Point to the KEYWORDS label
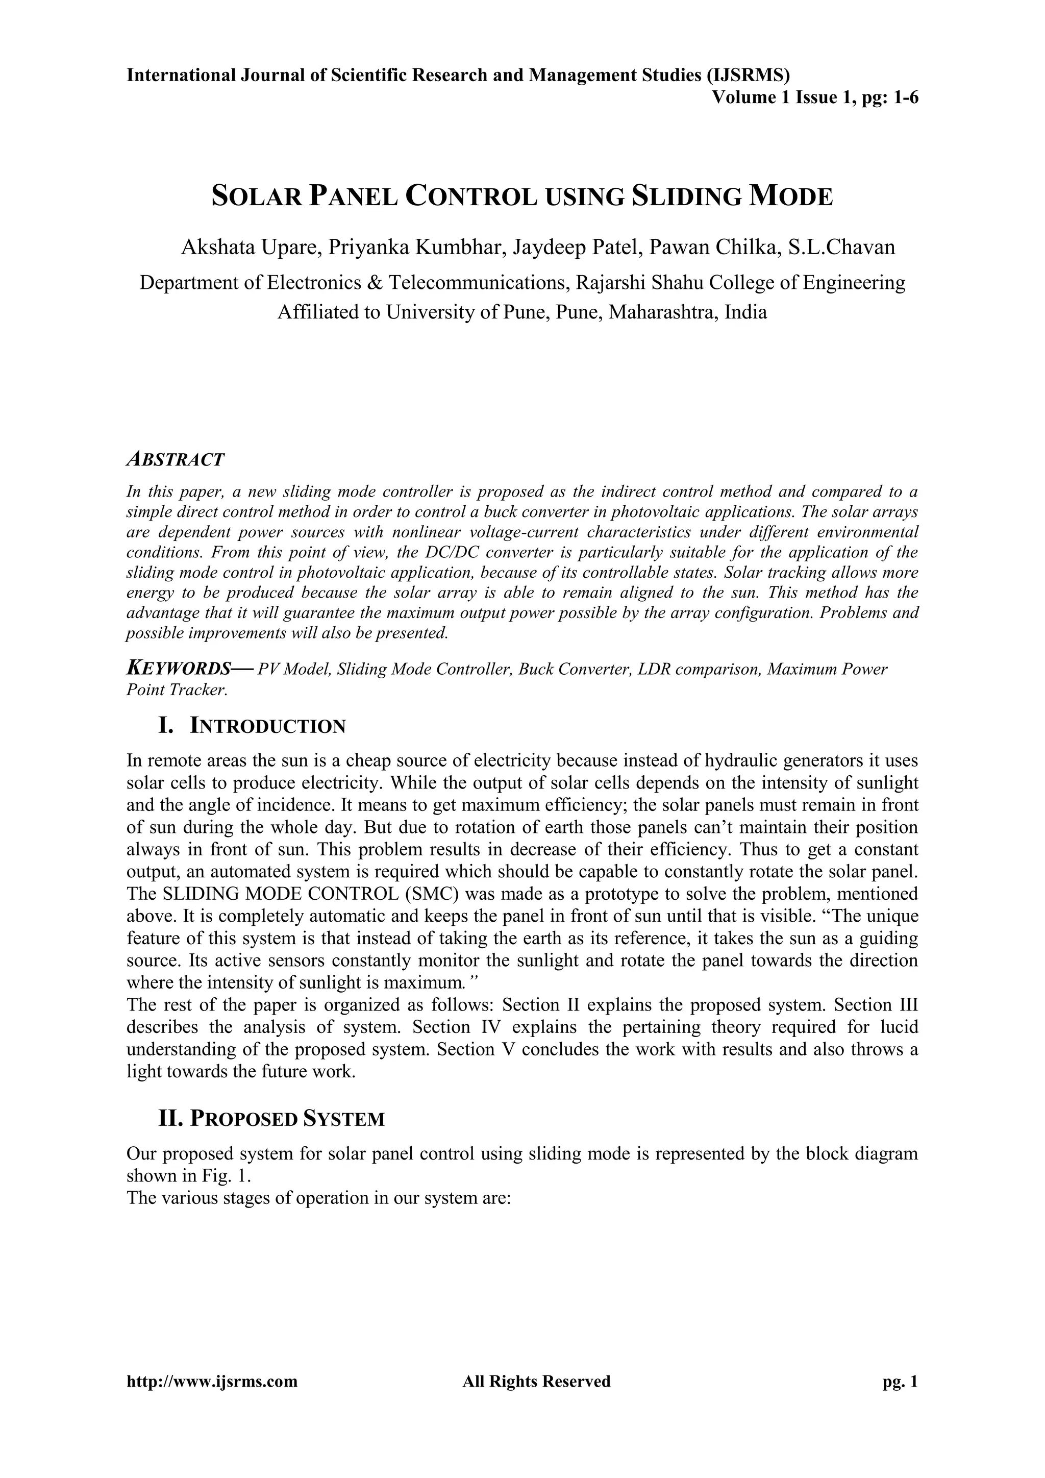coord(178,669)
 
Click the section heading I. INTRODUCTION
coord(252,726)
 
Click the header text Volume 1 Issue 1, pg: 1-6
coord(815,98)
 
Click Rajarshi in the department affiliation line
coord(609,283)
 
